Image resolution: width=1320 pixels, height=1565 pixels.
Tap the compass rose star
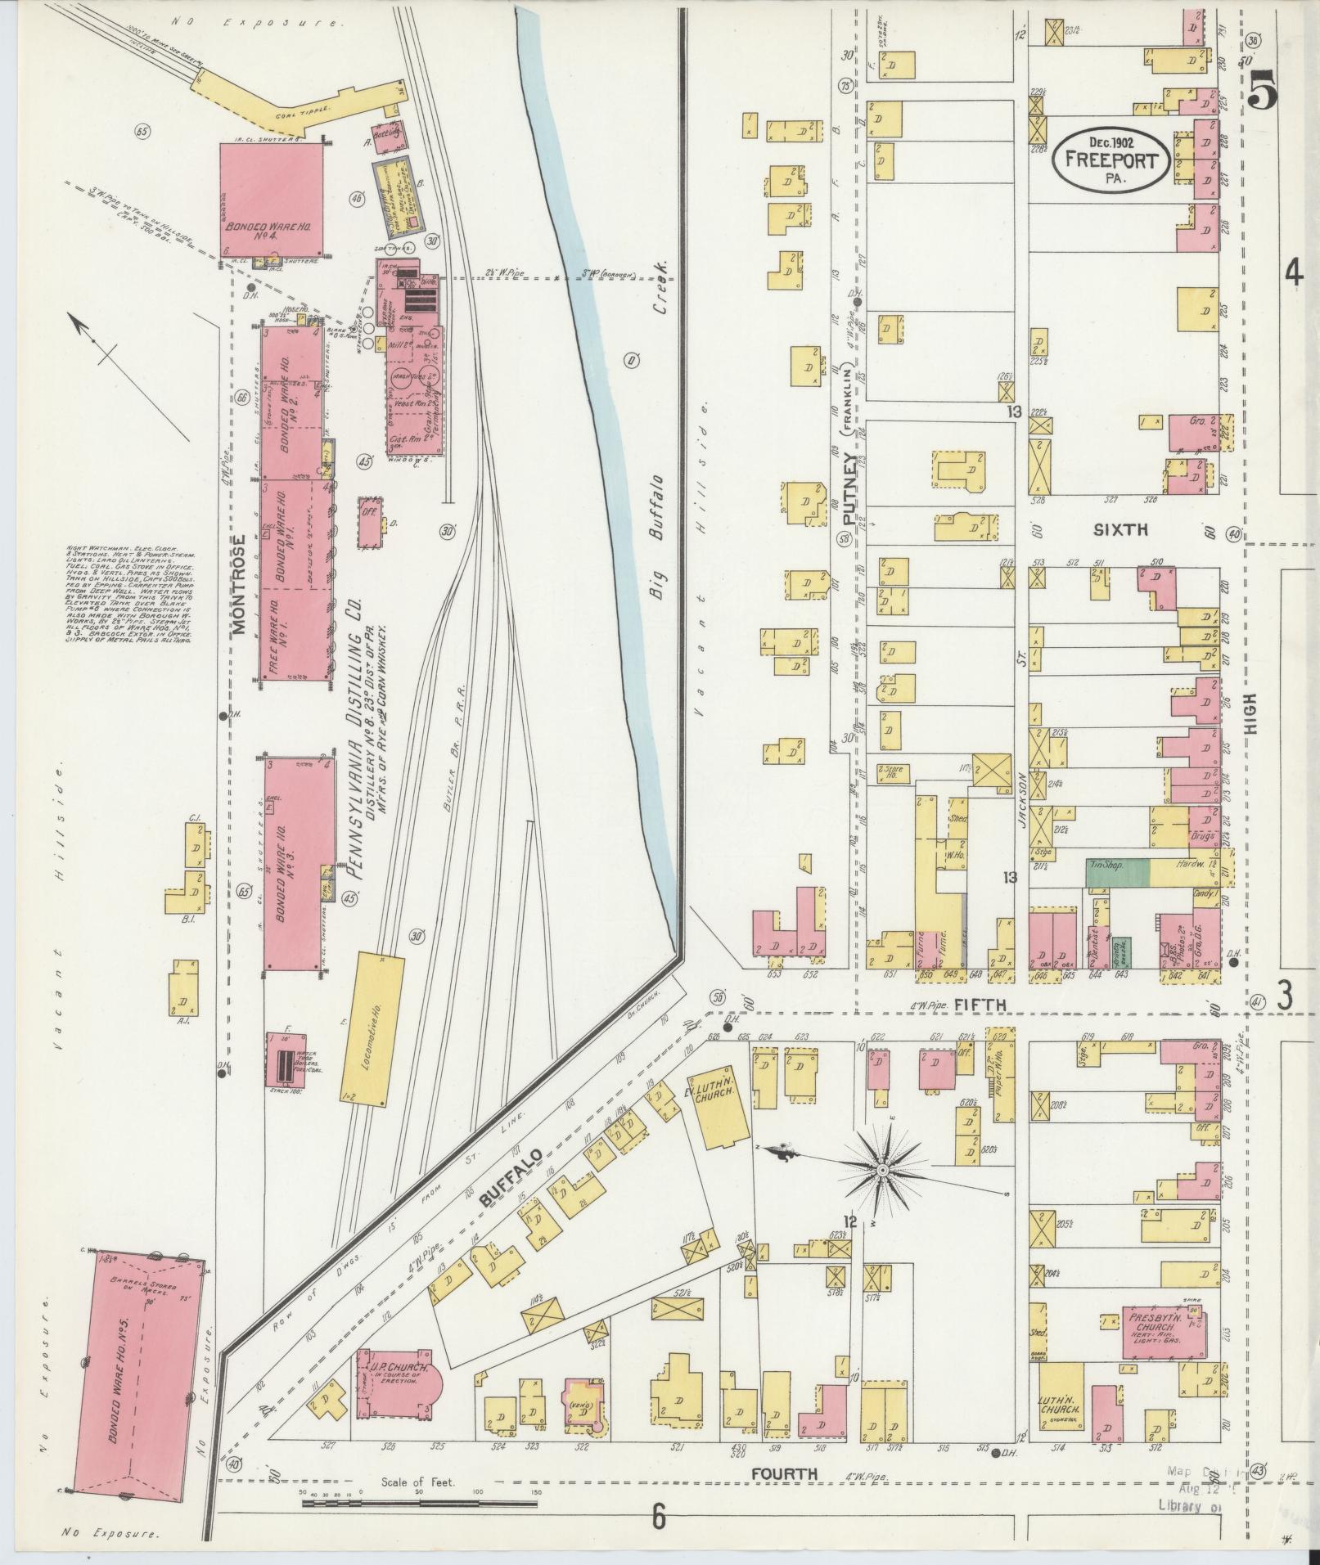click(882, 1172)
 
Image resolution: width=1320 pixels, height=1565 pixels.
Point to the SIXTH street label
click(1121, 530)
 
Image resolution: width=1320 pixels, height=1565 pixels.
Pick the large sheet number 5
click(1265, 90)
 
